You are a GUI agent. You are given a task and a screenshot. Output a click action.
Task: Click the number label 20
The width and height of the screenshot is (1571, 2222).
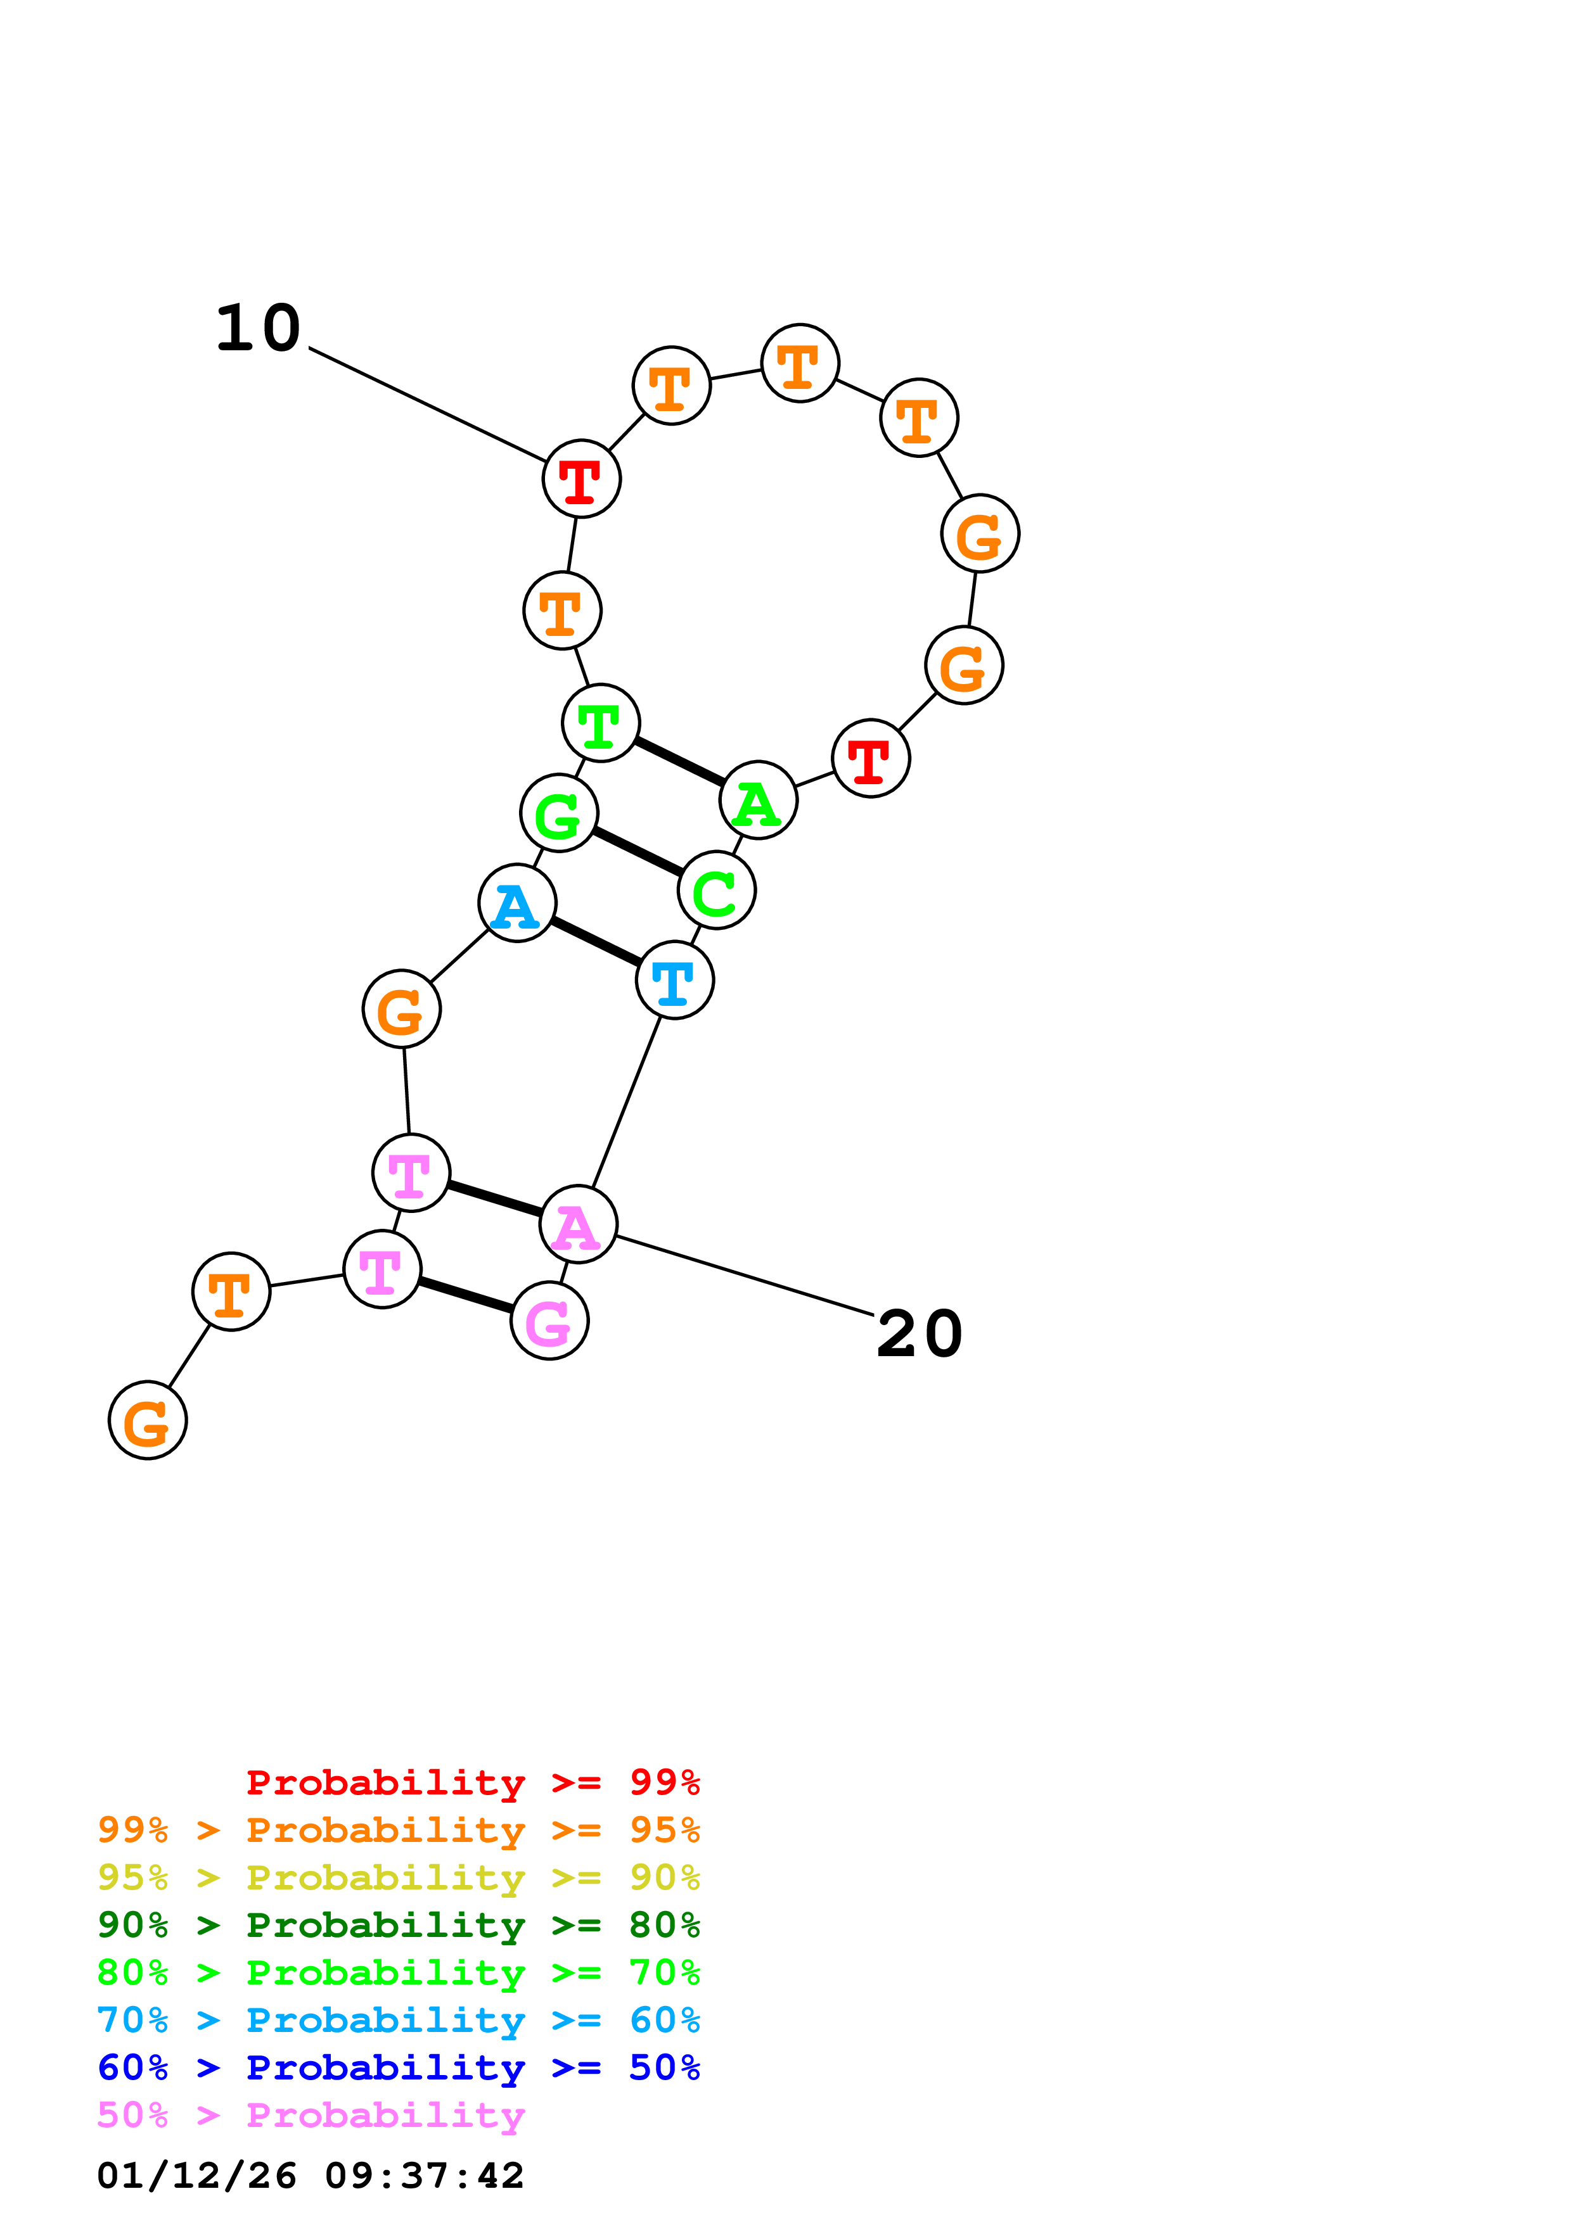coord(919,1335)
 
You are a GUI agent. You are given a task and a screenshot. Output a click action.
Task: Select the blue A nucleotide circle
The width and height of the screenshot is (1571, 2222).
coord(517,903)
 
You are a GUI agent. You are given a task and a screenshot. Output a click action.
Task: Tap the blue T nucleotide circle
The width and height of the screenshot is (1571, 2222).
coord(675,981)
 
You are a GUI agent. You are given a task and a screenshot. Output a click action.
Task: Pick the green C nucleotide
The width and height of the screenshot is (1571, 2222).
coord(716,891)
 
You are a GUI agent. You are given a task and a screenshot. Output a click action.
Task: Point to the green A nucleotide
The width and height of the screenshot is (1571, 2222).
coord(758,801)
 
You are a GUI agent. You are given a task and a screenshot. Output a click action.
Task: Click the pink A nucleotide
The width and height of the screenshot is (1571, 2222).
coord(578,1224)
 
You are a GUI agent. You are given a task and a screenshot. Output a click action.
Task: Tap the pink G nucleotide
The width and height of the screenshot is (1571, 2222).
coord(549,1321)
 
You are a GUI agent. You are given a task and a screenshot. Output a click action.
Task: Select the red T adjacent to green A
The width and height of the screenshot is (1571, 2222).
coord(870,759)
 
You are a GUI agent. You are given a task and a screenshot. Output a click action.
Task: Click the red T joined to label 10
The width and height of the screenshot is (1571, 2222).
coord(580,478)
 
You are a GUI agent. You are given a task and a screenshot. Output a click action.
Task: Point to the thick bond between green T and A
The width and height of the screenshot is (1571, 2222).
coord(679,761)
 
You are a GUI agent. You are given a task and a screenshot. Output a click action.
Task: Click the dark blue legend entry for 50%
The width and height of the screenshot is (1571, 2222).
coord(398,2067)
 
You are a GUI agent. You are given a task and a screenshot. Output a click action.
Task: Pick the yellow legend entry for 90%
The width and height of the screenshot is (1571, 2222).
coord(398,1877)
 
